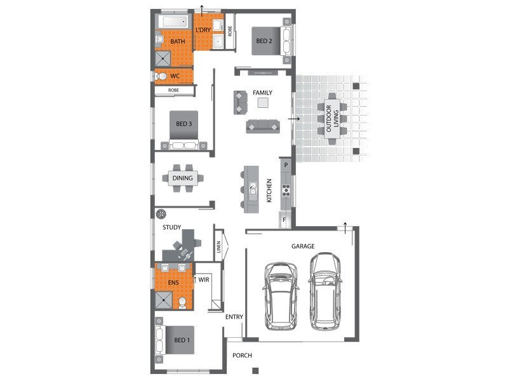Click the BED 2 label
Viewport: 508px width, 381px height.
264,41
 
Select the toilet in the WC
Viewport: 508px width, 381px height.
161,76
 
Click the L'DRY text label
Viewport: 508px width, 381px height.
203,30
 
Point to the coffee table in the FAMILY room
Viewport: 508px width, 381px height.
263,103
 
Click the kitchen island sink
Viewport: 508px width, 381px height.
253,189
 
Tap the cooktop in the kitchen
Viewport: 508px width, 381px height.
286,190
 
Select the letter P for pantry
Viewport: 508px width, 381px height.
286,165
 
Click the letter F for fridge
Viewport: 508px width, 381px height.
284,220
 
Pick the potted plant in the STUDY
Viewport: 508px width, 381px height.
161,214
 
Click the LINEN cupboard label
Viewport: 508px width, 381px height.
218,247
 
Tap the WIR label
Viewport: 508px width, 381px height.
204,279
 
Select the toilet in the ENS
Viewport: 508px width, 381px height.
182,303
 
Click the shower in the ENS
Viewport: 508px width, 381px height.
164,300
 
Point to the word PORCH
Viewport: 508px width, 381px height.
242,356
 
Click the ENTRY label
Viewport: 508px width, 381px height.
234,317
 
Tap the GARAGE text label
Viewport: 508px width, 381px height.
303,246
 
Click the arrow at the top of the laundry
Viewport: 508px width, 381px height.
202,10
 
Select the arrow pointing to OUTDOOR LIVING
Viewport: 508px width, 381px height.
294,119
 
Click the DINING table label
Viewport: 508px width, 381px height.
182,178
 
